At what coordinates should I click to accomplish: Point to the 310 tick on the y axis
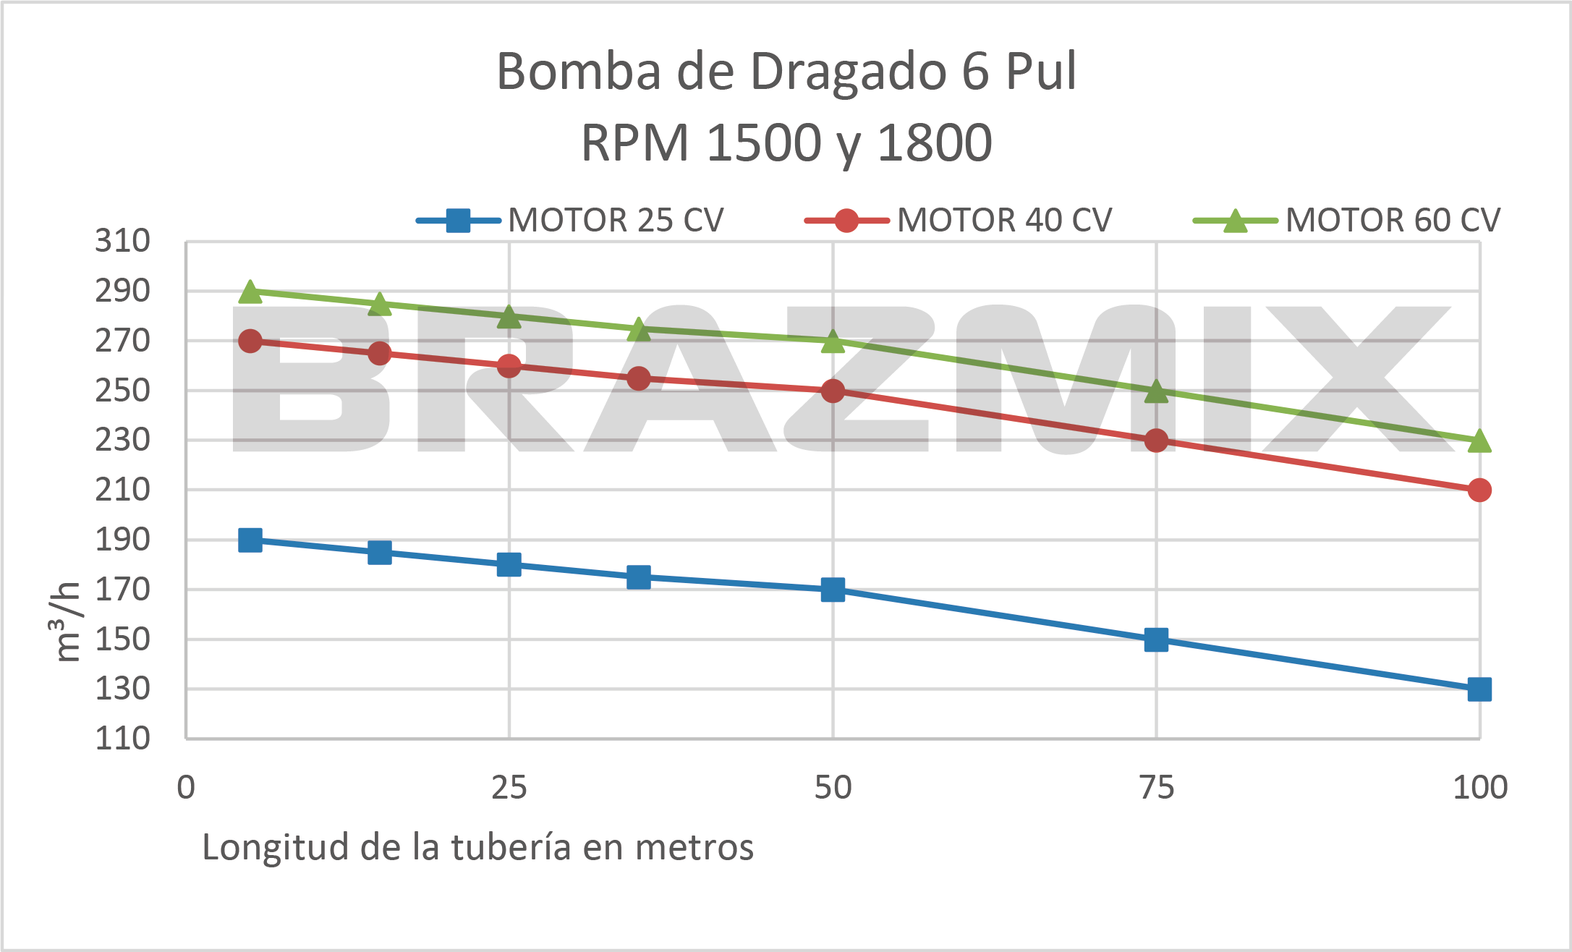point(123,241)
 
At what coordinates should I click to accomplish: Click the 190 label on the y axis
point(123,540)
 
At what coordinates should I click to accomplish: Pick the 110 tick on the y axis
point(123,739)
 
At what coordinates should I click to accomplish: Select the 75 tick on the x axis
point(1156,787)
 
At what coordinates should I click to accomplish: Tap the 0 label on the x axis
point(186,787)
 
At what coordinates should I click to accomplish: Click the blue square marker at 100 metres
point(1479,689)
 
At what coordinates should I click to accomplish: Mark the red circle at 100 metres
point(1479,490)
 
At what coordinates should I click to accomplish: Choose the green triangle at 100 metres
point(1479,441)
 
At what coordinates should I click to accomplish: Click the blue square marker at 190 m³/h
point(250,540)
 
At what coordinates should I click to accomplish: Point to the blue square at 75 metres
point(1156,639)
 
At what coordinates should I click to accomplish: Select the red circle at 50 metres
point(833,391)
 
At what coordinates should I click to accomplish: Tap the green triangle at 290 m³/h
point(250,292)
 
